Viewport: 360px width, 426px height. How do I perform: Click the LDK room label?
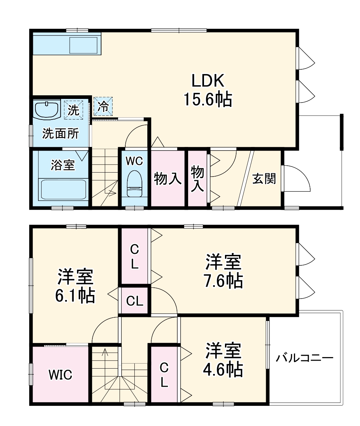point(208,81)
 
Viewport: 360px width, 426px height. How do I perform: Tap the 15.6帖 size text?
point(208,99)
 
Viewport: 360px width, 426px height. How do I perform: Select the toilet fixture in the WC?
point(134,183)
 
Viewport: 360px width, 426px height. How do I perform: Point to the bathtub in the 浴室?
point(63,188)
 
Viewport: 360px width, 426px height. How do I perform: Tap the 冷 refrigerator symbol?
point(103,106)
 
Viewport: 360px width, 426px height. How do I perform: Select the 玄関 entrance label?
point(264,178)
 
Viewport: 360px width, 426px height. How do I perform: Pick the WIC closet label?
point(61,375)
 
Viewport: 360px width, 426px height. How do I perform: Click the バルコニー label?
point(304,358)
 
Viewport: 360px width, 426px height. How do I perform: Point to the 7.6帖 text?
point(224,281)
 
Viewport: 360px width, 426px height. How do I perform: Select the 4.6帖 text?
point(224,369)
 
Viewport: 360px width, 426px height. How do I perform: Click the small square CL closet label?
point(135,301)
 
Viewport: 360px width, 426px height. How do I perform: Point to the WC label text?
point(134,161)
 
